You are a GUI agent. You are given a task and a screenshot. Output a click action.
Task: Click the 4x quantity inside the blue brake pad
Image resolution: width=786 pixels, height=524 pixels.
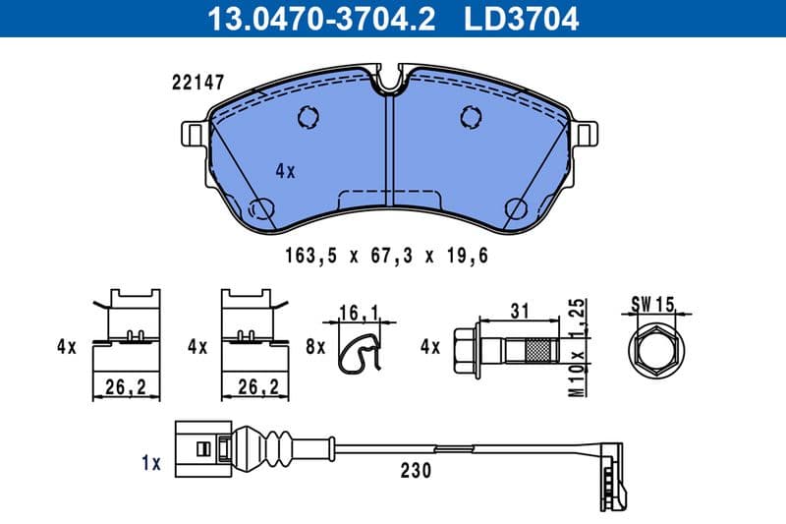(285, 170)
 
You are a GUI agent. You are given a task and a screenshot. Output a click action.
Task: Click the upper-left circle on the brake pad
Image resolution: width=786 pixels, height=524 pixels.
(307, 117)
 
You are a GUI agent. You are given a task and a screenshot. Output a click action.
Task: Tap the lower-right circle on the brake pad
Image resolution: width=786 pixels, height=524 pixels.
(514, 207)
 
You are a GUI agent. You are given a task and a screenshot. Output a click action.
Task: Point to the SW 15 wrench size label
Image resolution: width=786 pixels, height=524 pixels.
(653, 305)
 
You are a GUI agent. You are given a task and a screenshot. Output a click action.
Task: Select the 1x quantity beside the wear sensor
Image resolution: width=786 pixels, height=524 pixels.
(149, 461)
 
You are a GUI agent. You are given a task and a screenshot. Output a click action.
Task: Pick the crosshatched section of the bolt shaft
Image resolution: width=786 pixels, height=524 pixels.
(538, 349)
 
